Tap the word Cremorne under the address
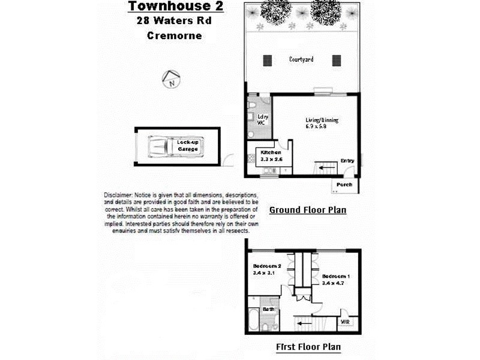(x=174, y=35)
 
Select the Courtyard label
(x=301, y=59)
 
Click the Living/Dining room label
(x=322, y=120)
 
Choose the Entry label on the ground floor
(x=347, y=161)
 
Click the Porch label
(x=344, y=185)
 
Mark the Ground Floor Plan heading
(x=307, y=210)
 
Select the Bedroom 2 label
(x=267, y=266)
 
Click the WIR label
(x=345, y=322)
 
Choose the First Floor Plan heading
(x=308, y=347)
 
